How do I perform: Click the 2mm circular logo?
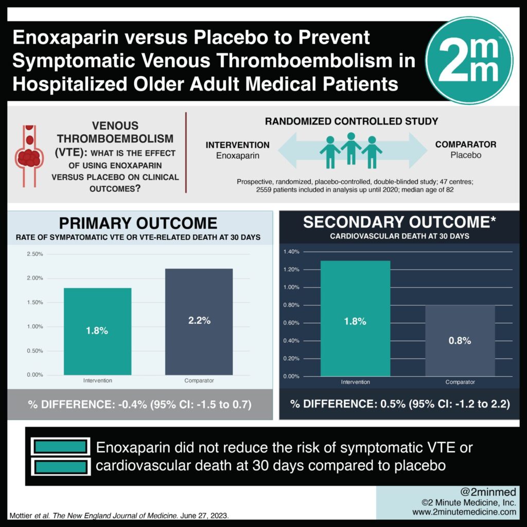(x=469, y=60)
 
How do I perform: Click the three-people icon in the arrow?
(x=350, y=149)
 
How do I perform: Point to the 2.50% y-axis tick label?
(x=35, y=254)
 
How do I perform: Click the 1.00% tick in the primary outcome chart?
(x=35, y=327)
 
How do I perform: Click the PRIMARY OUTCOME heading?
(x=137, y=223)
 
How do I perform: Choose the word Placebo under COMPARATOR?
(x=465, y=154)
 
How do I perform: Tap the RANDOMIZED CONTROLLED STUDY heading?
(x=352, y=121)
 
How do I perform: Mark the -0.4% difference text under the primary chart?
(x=140, y=405)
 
